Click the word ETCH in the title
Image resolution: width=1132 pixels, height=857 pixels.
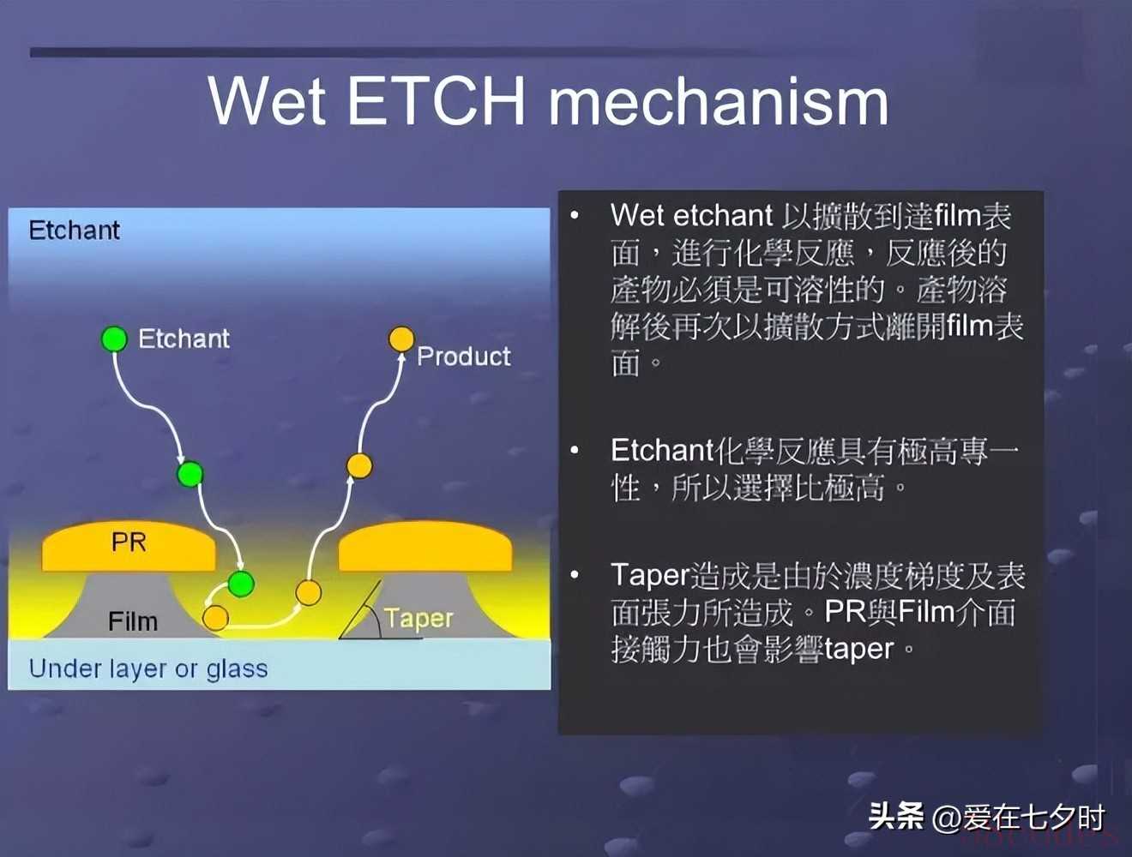click(437, 100)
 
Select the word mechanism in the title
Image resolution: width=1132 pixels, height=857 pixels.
click(719, 100)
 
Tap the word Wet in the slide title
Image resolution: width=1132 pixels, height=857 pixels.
click(267, 100)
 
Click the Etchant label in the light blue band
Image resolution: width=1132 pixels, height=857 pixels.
click(75, 230)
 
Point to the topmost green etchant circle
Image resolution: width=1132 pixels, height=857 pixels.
click(114, 339)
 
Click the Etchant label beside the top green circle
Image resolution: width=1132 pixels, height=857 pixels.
click(184, 339)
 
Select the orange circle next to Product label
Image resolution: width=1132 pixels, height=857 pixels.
click(401, 339)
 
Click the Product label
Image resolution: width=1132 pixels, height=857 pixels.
click(464, 357)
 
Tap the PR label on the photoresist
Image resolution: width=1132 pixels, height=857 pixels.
click(129, 542)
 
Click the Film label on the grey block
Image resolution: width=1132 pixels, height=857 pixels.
click(133, 621)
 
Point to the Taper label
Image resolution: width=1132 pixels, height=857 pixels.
click(418, 619)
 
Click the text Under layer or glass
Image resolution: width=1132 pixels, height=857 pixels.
click(148, 669)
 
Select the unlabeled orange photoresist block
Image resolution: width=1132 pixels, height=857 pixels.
click(425, 547)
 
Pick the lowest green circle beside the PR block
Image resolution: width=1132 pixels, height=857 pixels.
click(241, 584)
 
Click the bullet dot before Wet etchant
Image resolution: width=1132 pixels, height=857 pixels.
click(575, 215)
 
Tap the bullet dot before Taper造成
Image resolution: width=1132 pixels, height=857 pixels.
click(575, 575)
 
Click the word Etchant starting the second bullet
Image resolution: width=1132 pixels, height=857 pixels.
click(662, 451)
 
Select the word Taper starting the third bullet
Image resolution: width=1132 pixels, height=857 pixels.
click(650, 576)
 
